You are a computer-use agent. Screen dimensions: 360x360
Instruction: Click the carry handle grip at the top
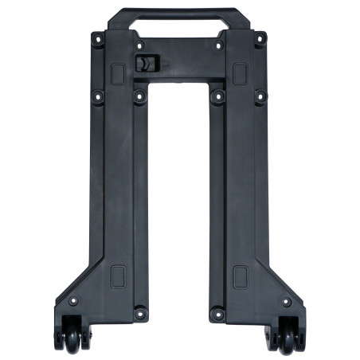click(x=179, y=14)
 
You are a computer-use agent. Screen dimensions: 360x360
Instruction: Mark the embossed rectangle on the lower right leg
click(x=240, y=276)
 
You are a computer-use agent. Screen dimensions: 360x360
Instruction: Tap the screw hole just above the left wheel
click(x=73, y=302)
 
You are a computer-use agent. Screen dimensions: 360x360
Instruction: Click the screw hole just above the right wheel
click(x=285, y=302)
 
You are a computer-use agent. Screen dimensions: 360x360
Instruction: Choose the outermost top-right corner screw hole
click(x=260, y=37)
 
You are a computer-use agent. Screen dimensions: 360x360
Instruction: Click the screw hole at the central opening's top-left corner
click(x=140, y=96)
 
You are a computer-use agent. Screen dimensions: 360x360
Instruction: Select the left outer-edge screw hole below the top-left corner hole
click(x=98, y=96)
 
